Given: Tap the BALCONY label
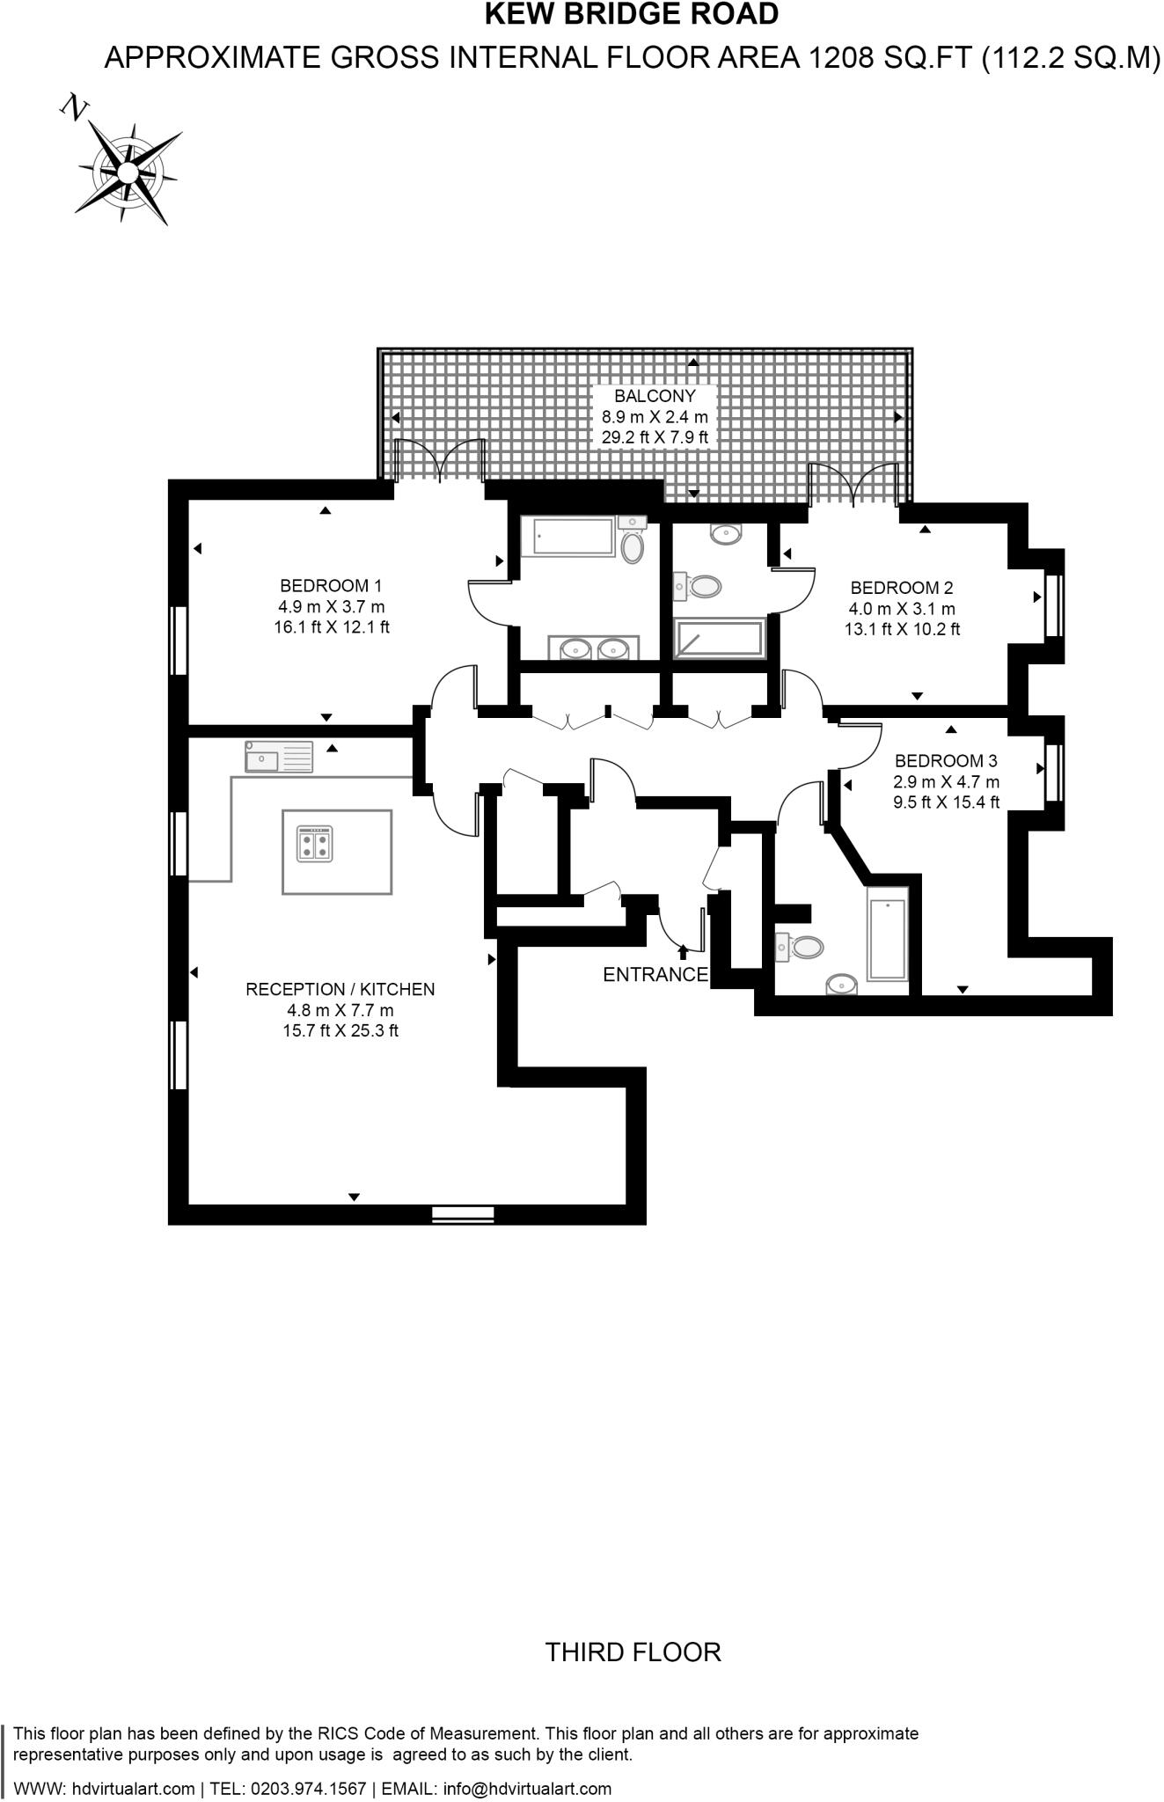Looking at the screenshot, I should coord(655,396).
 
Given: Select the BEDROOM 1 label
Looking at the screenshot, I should coord(331,585).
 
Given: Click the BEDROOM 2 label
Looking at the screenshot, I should coord(902,588).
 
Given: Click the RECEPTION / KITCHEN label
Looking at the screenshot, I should coord(340,989).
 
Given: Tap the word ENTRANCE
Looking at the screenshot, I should coord(655,974).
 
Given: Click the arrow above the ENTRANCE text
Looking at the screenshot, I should coord(684,951).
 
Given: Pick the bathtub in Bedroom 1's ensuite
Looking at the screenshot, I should coord(567,537).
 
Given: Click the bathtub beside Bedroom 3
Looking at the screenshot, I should coord(887,933).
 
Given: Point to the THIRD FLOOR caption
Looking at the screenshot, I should coord(633,1652).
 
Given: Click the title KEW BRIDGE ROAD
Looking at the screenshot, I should coord(632,14).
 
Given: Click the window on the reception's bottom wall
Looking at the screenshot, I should coord(463,1214).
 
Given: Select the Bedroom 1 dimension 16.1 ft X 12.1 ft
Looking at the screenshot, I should coord(331,627).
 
